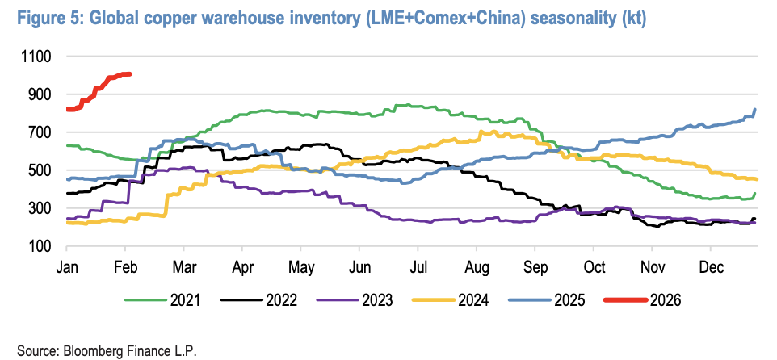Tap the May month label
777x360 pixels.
coord(301,267)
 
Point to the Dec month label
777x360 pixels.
coord(712,267)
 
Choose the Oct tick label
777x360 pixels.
coord(595,267)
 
